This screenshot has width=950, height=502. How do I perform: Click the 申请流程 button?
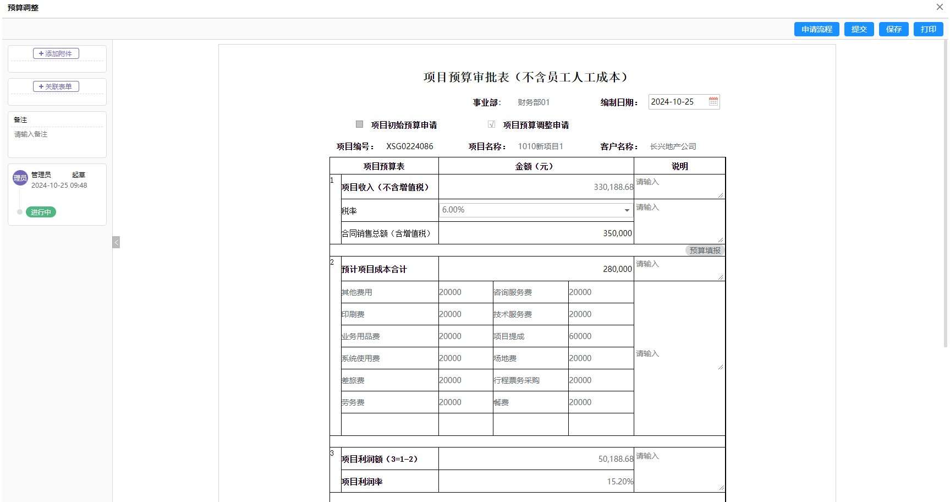click(816, 29)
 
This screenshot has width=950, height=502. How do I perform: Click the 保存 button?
click(893, 29)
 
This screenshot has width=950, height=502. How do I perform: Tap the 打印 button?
click(928, 29)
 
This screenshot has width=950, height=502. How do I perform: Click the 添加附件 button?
click(56, 53)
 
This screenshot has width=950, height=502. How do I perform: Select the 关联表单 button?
click(56, 86)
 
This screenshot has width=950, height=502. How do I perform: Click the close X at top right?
click(940, 7)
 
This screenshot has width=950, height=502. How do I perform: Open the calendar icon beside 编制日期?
click(713, 101)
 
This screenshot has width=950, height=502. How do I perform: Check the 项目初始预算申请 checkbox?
click(360, 124)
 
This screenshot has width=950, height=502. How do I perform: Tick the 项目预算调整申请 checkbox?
click(491, 124)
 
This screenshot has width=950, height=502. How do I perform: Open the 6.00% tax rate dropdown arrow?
click(627, 210)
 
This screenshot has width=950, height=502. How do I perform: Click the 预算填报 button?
click(705, 250)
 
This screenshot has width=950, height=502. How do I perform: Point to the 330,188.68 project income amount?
click(613, 187)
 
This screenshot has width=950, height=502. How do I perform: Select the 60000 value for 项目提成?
click(580, 336)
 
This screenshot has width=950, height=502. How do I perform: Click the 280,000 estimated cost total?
click(617, 269)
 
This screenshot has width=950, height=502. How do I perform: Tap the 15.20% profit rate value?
click(620, 482)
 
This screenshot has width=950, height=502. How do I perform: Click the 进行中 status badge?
click(41, 212)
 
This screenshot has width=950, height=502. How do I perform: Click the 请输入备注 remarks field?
click(57, 134)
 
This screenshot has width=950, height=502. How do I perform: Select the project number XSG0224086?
click(410, 146)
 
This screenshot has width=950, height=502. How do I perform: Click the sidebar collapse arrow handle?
click(116, 242)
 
